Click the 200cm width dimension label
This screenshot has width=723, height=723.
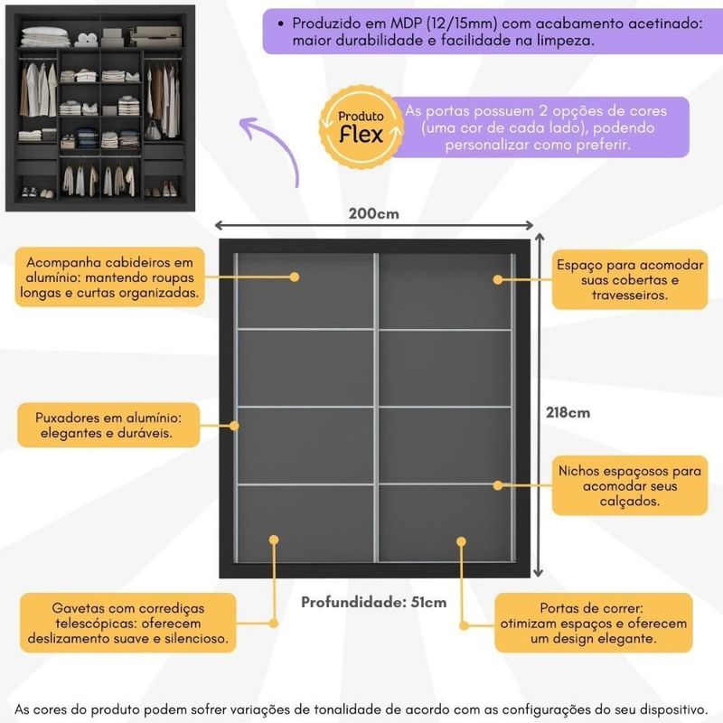(373, 214)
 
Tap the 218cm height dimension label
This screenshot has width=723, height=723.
(568, 412)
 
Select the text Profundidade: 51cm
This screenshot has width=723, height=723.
(373, 602)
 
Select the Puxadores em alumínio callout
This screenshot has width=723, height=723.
(108, 426)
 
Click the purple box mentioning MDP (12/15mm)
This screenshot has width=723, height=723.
(486, 32)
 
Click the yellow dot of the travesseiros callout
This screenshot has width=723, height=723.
(498, 280)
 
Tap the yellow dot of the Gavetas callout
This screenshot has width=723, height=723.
(274, 540)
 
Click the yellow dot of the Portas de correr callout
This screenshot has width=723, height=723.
(461, 541)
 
